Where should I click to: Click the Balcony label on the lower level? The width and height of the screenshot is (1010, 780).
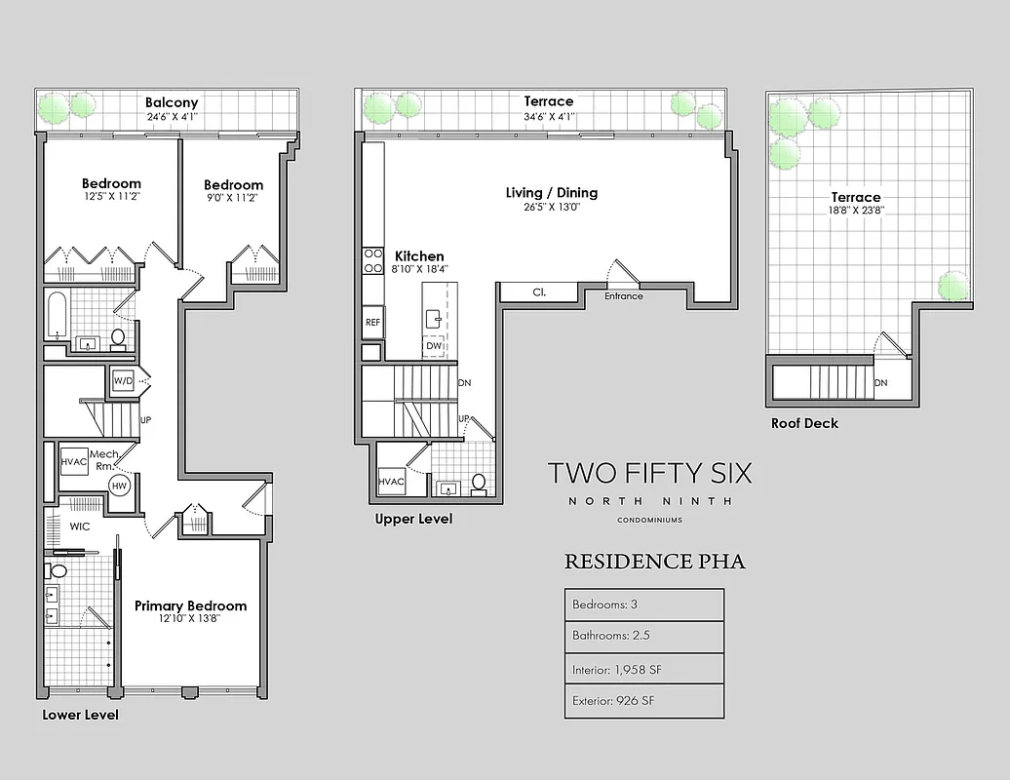pos(172,102)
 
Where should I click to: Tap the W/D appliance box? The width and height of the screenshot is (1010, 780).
pos(123,380)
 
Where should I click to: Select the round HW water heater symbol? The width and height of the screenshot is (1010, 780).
pos(120,486)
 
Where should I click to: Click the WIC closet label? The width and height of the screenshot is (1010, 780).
pos(79,526)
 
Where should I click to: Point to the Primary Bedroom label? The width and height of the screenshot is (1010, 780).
pos(190,605)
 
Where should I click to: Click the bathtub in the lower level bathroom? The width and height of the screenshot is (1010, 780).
pos(56,314)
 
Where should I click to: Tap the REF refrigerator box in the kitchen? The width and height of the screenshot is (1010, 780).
pos(372,322)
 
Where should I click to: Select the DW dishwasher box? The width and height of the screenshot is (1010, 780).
pos(434,345)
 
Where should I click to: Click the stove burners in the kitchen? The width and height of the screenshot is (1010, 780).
pos(372,260)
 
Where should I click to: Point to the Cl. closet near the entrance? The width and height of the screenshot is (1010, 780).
pos(539,292)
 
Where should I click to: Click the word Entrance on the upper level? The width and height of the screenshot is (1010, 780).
pos(623,296)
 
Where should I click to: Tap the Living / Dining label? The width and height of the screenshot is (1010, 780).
pos(551,193)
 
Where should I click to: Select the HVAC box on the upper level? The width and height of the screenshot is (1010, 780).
pos(392,481)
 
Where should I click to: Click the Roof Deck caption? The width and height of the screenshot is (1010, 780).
pos(804,423)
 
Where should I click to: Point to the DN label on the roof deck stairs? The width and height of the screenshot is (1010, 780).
pos(880,383)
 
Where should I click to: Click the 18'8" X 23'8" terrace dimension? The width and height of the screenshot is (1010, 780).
pos(855,210)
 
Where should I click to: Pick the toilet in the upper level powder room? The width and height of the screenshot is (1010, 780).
pos(479,482)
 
